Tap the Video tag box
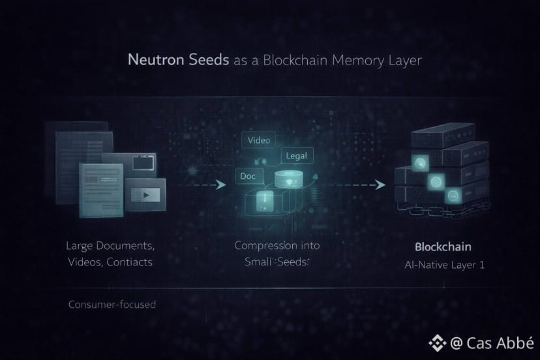point(258,140)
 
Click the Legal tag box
point(297,156)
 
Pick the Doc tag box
point(248,177)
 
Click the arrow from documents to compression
point(205,185)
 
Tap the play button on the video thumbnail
point(147,194)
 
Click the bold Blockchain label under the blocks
point(443,247)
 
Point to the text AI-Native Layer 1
point(443,265)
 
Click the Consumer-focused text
point(112,305)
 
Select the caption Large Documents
point(110,247)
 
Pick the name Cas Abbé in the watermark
point(500,342)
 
